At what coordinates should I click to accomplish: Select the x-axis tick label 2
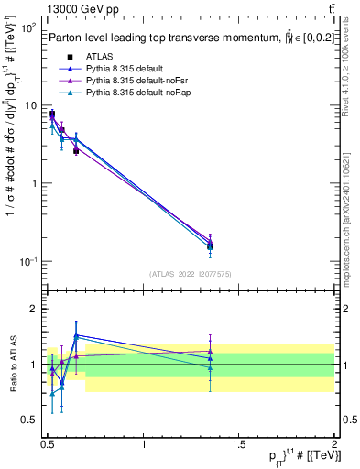(333, 445)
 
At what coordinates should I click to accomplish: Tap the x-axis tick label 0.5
(48, 445)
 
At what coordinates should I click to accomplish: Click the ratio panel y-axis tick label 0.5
(28, 420)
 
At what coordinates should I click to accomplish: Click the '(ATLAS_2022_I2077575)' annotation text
(191, 274)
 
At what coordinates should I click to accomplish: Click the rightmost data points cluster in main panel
(210, 244)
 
